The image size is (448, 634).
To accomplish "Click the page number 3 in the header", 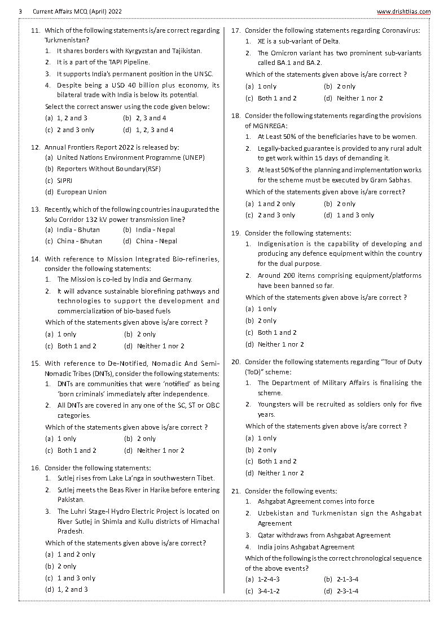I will tap(20, 11).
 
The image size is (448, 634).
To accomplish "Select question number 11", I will tap(35, 30).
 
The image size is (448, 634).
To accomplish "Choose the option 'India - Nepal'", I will tap(155, 230).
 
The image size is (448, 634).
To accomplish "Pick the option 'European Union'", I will tap(81, 192).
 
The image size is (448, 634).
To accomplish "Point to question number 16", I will tap(35, 467).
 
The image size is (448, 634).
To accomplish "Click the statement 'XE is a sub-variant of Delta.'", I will tap(298, 41).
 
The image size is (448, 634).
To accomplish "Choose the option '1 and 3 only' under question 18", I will tap(355, 215).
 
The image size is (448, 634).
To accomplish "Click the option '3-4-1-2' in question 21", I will tap(269, 591).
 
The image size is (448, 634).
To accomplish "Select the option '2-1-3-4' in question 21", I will tap(347, 579).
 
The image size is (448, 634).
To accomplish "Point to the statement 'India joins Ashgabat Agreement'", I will tap(306, 546).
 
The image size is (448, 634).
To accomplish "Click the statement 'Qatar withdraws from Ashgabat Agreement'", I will tap(324, 535).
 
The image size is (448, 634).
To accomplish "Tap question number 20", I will tap(236, 361).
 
